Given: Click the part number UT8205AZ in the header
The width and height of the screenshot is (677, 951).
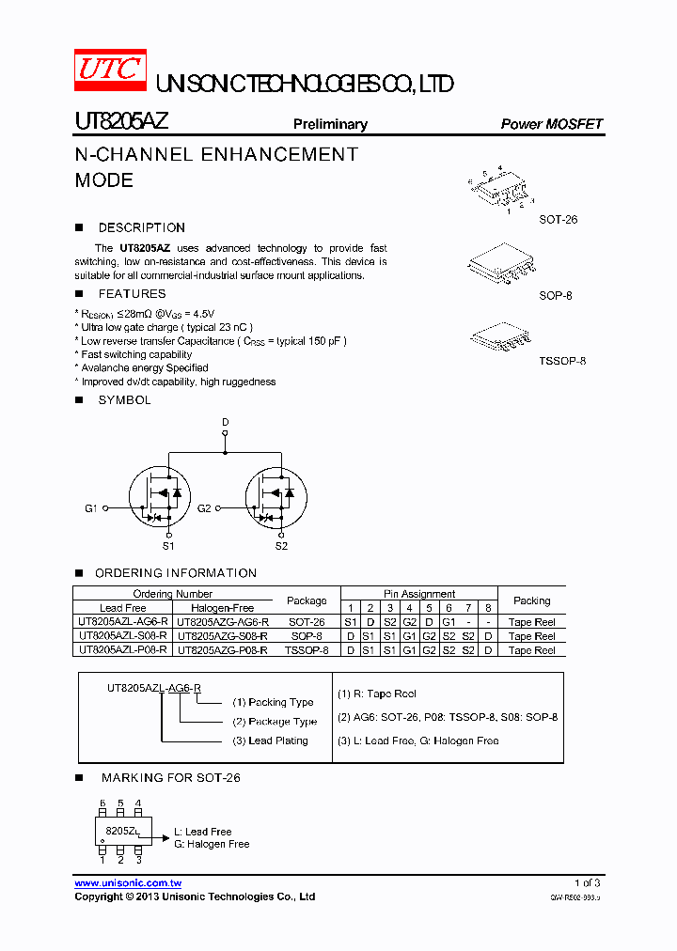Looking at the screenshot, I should [x=121, y=122].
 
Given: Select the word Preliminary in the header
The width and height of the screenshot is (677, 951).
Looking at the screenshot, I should [x=330, y=124].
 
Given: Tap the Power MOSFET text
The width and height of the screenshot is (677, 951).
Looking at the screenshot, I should [x=551, y=124].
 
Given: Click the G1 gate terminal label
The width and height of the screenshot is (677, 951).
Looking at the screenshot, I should [x=91, y=508].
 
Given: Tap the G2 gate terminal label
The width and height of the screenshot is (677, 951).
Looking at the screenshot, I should [x=204, y=508].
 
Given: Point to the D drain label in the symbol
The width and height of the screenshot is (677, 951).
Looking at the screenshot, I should [x=225, y=423].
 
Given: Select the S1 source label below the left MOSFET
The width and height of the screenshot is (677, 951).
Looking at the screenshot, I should [x=167, y=545].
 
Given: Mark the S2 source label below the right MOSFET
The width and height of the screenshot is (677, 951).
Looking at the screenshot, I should [x=281, y=545].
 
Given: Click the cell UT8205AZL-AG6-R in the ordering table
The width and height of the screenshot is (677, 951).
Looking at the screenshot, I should [x=123, y=622].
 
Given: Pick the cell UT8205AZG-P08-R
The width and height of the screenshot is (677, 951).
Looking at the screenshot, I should [x=223, y=650].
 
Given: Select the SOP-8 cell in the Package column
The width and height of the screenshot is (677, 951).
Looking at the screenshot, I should [x=307, y=636].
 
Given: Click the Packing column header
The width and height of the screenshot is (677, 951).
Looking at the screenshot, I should [x=532, y=600].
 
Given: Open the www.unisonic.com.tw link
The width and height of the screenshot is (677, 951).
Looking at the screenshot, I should [x=128, y=883].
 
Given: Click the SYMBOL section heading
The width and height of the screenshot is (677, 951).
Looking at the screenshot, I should [x=124, y=400].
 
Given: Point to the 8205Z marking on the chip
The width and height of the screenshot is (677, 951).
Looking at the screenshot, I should [x=121, y=832].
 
